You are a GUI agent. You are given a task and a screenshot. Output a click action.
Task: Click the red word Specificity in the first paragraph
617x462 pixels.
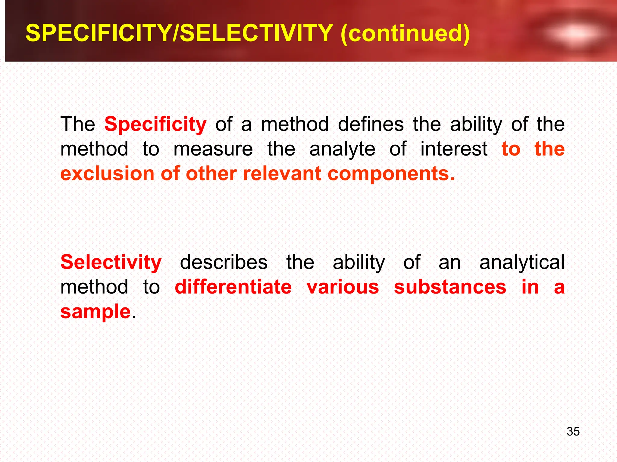[155, 124]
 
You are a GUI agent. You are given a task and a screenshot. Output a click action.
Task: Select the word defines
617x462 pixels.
[371, 124]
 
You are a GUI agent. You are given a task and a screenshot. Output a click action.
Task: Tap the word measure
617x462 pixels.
[213, 149]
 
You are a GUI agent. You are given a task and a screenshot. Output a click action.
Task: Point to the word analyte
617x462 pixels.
[342, 149]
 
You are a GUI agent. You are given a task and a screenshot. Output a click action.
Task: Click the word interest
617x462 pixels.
[454, 149]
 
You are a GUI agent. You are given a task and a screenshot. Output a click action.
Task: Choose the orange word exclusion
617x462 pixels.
[108, 174]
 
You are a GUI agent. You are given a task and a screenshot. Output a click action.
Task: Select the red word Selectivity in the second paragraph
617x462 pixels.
[111, 262]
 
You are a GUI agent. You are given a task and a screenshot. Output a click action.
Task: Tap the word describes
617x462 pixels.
[224, 262]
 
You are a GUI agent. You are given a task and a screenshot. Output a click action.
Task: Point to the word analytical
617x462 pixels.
[522, 262]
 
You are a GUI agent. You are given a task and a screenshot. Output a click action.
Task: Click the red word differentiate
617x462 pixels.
[233, 287]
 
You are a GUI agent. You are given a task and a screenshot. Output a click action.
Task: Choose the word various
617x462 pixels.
[343, 287]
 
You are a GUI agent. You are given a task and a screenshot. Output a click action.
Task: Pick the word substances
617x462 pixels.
[450, 287]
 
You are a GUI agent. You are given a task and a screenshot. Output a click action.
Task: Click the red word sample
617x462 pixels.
[96, 312]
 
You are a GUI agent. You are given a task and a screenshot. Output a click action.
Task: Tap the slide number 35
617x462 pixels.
[573, 431]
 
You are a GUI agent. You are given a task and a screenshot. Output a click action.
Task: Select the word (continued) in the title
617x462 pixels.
[405, 33]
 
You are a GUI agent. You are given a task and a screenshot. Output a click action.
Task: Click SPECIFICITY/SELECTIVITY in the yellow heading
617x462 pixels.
[179, 33]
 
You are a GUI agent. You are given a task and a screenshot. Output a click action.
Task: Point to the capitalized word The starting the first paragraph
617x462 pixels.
[78, 124]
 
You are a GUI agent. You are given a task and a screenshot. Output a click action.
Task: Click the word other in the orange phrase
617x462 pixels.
[211, 174]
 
